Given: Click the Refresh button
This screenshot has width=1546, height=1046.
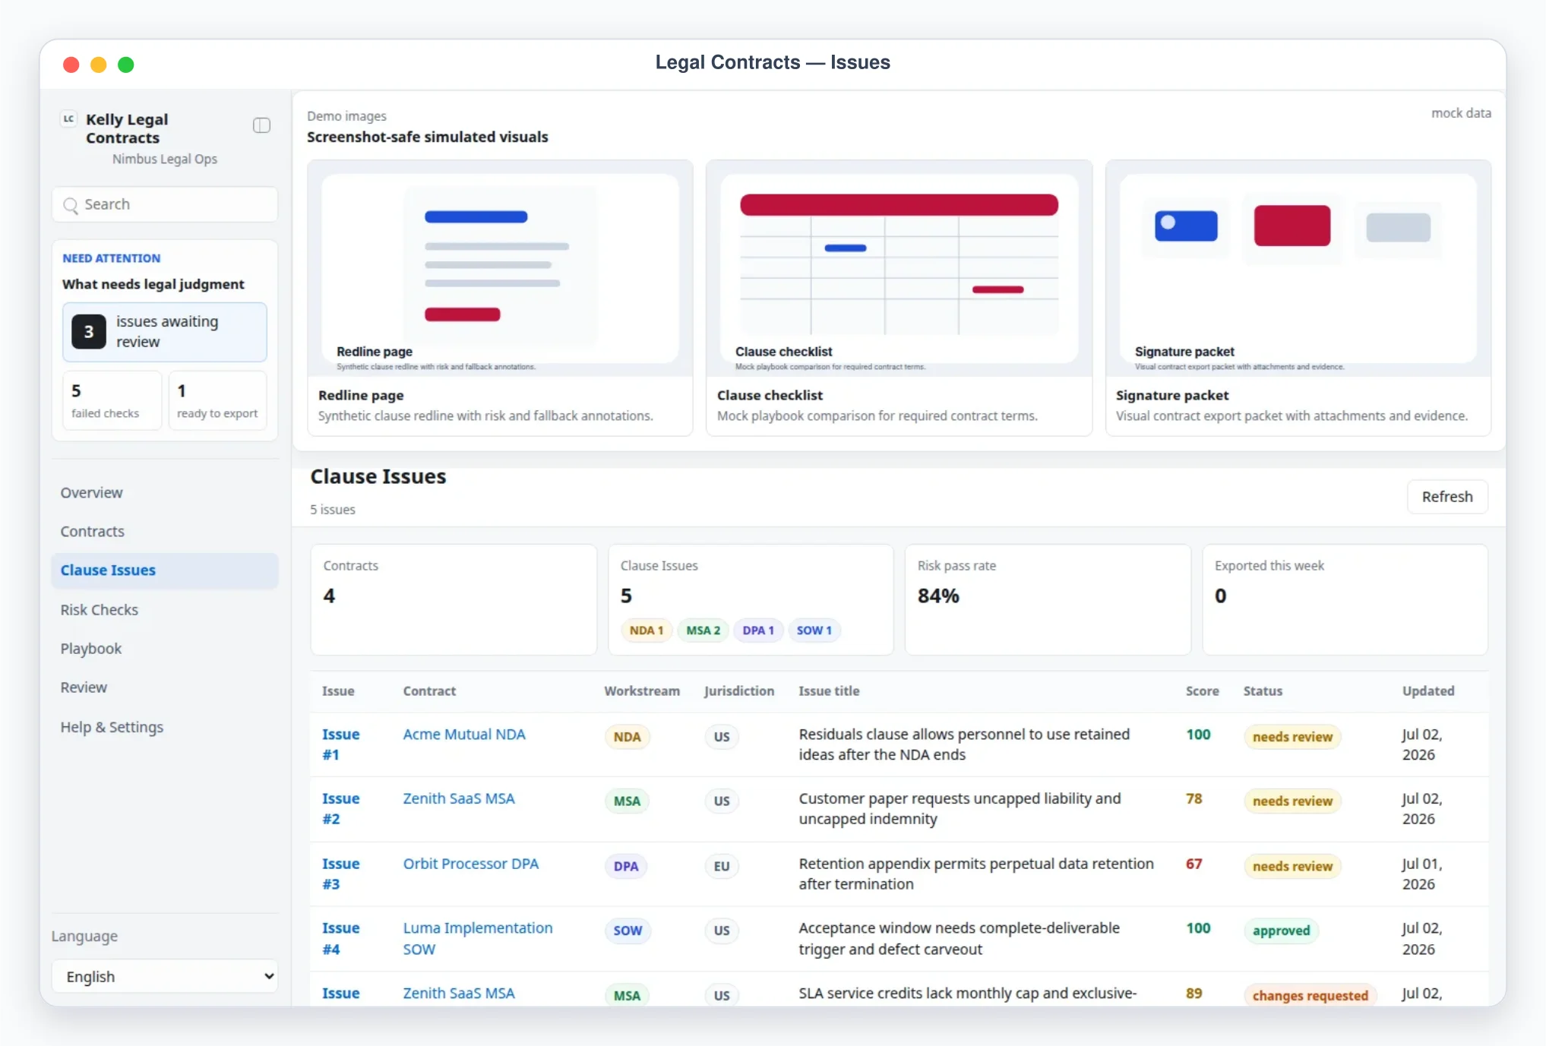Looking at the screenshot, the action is [1446, 497].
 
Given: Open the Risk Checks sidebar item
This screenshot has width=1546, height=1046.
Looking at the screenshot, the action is [100, 610].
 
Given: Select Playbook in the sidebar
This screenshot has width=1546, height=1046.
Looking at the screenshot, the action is [91, 649].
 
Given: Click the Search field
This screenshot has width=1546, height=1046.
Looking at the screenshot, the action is [165, 204].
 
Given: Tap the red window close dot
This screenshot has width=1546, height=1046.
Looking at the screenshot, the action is [71, 65].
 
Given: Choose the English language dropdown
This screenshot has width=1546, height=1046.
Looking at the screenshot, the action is [165, 976].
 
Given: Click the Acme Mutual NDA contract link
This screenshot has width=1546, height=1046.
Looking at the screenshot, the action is [464, 735].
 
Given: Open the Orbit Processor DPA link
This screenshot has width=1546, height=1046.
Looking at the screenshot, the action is [470, 864].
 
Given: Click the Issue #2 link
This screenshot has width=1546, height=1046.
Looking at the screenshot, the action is [340, 808].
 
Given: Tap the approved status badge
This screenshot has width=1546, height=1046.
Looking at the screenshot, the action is [1281, 931].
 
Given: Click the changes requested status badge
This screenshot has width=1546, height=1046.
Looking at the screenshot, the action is [1310, 995].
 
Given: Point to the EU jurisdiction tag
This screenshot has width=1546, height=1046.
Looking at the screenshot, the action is [721, 866].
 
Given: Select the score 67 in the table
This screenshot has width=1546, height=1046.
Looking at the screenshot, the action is [1193, 864].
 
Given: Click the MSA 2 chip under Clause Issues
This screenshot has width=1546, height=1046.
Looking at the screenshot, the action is [703, 630].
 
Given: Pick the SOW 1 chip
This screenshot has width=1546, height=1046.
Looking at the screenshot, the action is [814, 630].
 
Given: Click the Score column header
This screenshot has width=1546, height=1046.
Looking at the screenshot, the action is [1202, 691].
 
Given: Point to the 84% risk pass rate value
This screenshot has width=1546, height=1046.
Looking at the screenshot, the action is [938, 596].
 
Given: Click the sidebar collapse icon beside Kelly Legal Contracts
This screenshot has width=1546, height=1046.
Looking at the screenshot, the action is [261, 125].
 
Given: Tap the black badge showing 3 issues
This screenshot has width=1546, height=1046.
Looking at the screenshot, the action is [89, 332].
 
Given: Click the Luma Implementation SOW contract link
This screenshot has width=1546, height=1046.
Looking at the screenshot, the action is [478, 938].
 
